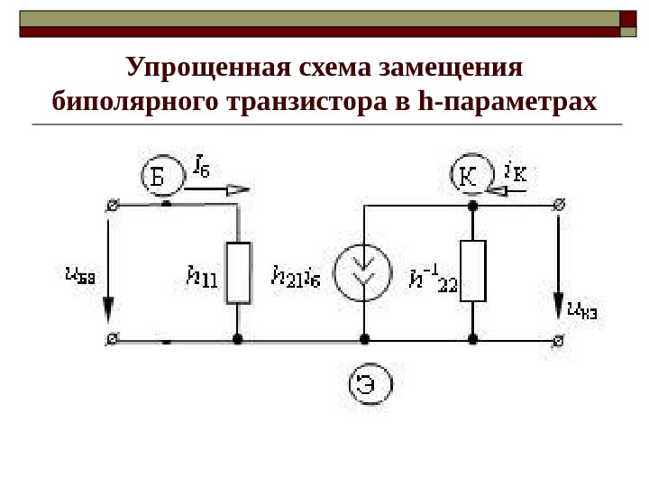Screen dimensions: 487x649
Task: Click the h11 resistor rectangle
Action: [238, 272]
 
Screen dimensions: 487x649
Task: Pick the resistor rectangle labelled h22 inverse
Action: [472, 271]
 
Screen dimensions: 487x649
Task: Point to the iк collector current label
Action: [516, 170]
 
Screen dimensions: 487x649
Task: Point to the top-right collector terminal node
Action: [560, 206]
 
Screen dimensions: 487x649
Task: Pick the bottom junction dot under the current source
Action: [364, 340]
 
